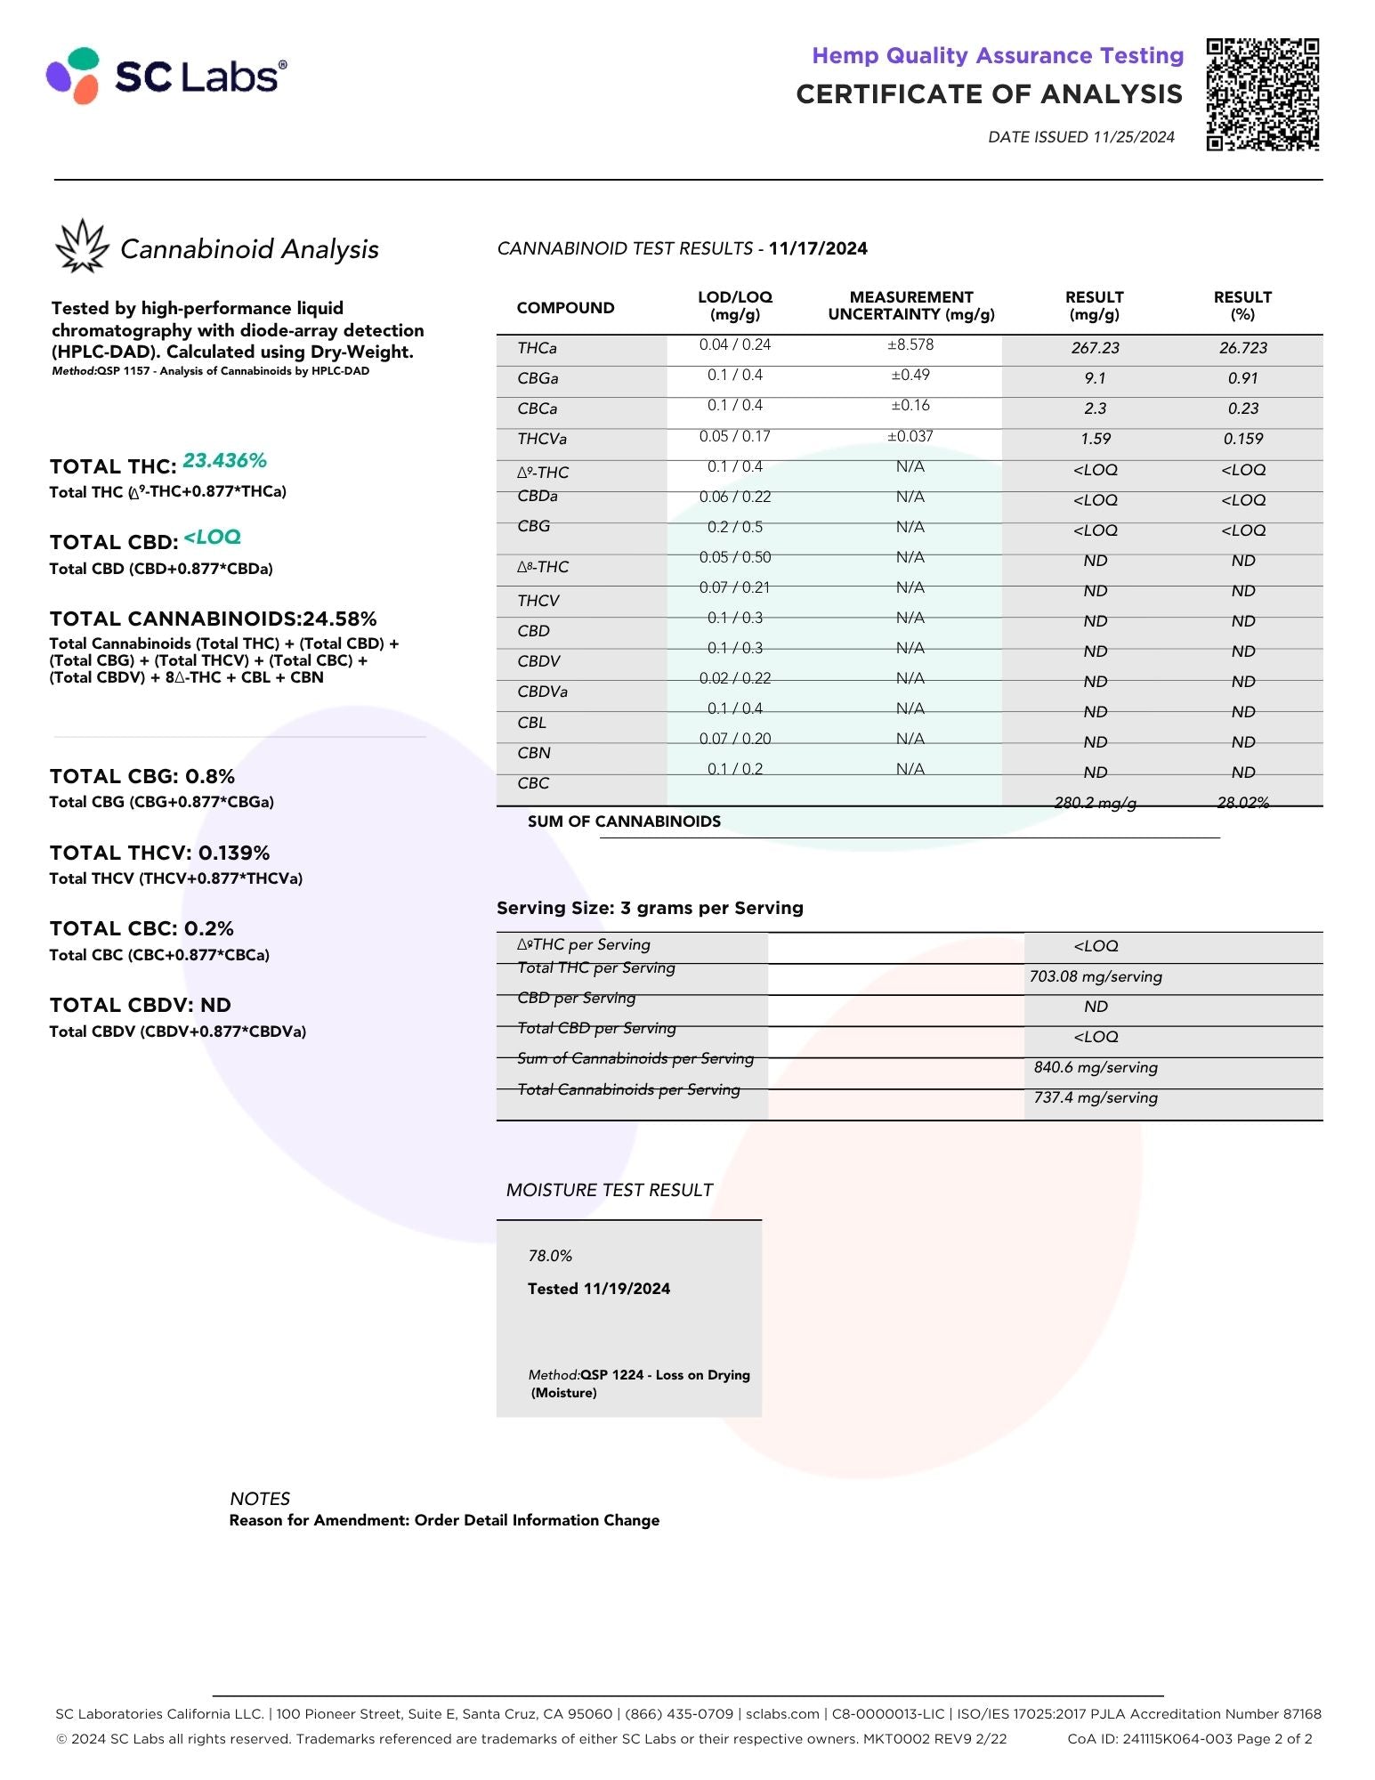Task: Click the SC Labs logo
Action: coord(166,76)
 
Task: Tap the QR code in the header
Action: coord(1262,94)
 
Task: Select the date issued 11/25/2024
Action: coord(1080,137)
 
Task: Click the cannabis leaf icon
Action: coord(82,246)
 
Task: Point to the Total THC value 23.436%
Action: coord(224,461)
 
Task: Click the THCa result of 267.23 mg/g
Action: coord(1095,348)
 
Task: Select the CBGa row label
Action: coord(538,378)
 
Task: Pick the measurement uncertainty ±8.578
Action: coord(910,345)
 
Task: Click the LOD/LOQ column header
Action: coord(734,305)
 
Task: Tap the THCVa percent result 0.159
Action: coord(1242,439)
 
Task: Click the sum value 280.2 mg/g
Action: coord(1095,803)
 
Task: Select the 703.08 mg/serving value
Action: coord(1096,976)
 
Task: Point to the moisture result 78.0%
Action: coord(550,1256)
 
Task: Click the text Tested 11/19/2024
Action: coord(598,1289)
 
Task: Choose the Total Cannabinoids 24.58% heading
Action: coord(214,619)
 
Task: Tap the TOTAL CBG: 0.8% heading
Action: coord(142,776)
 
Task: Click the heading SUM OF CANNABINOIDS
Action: coord(624,821)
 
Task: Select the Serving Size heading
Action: coord(650,908)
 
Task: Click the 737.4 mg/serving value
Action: coord(1096,1097)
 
